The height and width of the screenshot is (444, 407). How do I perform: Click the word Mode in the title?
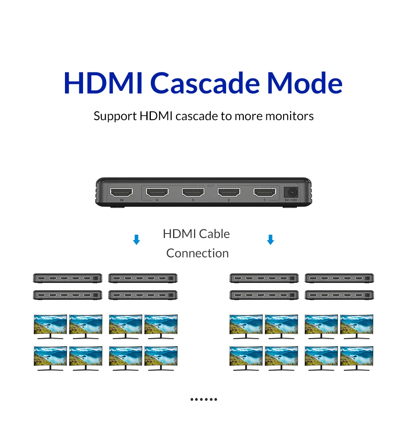click(304, 83)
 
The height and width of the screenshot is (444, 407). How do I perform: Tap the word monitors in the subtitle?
click(289, 116)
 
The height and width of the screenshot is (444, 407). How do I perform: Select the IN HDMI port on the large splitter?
click(121, 192)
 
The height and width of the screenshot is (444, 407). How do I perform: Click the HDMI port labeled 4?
click(157, 192)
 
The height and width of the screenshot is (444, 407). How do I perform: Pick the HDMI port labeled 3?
click(193, 192)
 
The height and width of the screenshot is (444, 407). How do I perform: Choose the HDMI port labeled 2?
click(229, 192)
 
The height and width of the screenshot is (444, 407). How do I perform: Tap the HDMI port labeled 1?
click(264, 192)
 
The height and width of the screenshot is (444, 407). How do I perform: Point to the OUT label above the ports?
click(210, 186)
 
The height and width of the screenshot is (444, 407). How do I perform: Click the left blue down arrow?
click(136, 240)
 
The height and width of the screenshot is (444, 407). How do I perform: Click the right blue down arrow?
click(270, 240)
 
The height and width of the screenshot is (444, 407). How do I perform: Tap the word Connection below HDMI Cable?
click(197, 253)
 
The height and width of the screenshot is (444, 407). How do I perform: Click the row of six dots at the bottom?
click(203, 399)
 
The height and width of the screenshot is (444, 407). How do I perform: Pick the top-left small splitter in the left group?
click(67, 278)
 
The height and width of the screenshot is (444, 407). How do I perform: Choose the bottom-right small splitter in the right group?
click(339, 295)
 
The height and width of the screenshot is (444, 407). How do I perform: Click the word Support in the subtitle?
click(115, 116)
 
